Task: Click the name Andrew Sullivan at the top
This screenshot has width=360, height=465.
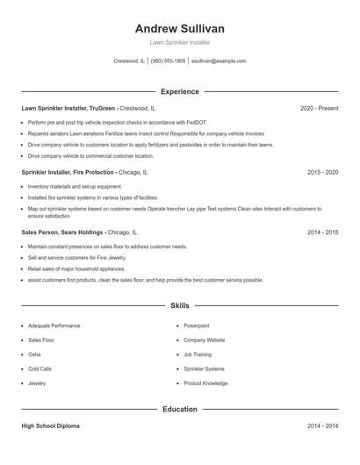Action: pos(179,27)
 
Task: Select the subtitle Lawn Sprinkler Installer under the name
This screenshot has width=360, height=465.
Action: pos(179,42)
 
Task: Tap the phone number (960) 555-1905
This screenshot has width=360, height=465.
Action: pos(168,61)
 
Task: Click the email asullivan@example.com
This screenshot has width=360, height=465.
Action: pos(219,61)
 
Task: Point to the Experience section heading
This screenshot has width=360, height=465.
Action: pos(179,91)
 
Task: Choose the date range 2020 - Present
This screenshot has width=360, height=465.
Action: pos(319,108)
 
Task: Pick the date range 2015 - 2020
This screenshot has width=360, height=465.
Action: pos(322,173)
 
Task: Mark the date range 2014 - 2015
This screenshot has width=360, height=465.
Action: pos(322,232)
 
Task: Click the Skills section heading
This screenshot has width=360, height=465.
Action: pos(179,305)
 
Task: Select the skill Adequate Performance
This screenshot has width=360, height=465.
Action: pos(53,325)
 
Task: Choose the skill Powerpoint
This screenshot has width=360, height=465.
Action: pos(197,325)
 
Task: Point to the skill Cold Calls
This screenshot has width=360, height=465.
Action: pos(40,368)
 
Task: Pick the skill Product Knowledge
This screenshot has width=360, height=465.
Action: pos(205,383)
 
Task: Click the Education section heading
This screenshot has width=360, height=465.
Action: pos(179,409)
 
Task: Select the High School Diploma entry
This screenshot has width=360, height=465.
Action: pos(50,426)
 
